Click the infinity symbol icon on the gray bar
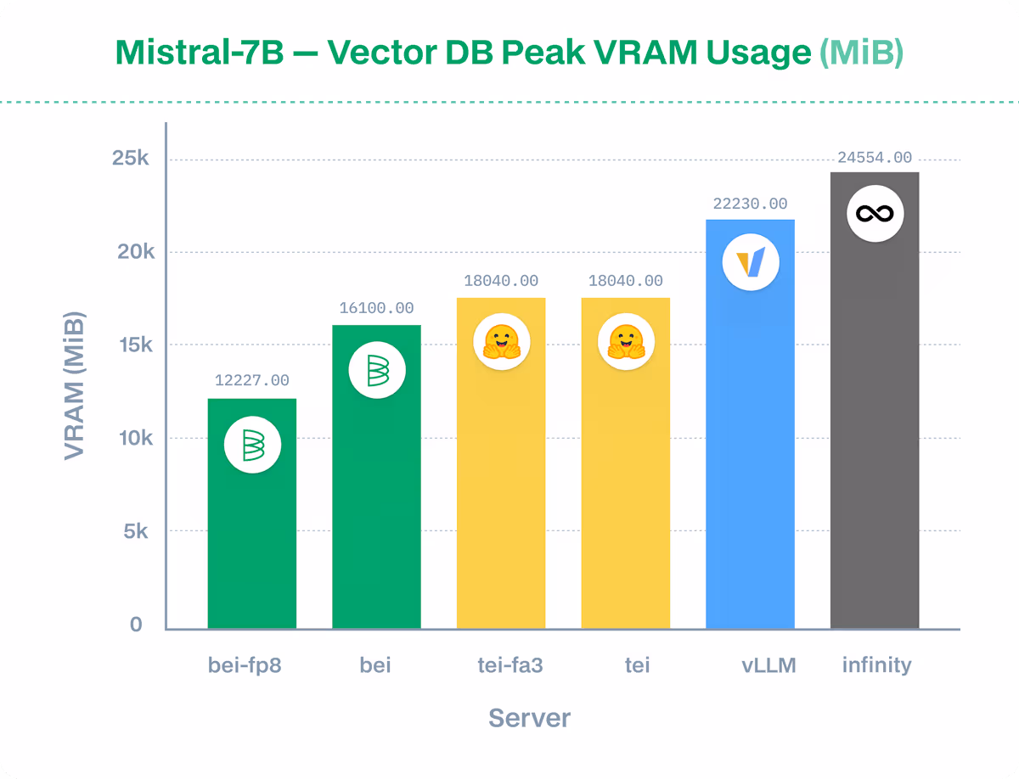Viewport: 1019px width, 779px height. [875, 214]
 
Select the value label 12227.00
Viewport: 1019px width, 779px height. [252, 381]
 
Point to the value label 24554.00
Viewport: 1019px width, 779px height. [875, 158]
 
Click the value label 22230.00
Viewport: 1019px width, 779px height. [750, 205]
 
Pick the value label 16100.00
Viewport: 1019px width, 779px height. [376, 308]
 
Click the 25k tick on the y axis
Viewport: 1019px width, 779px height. [130, 159]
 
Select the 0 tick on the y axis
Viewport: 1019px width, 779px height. [136, 625]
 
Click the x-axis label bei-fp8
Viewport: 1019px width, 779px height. [245, 665]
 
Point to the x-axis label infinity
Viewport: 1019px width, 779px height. [876, 665]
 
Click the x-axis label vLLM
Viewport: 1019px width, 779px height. [768, 665]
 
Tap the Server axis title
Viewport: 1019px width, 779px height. [529, 719]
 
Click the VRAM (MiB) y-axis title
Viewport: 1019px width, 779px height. [75, 386]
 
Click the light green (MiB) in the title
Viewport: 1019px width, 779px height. [861, 53]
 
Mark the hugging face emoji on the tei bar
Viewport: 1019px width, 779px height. [626, 342]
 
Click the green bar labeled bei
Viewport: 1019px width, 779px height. [376, 509]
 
